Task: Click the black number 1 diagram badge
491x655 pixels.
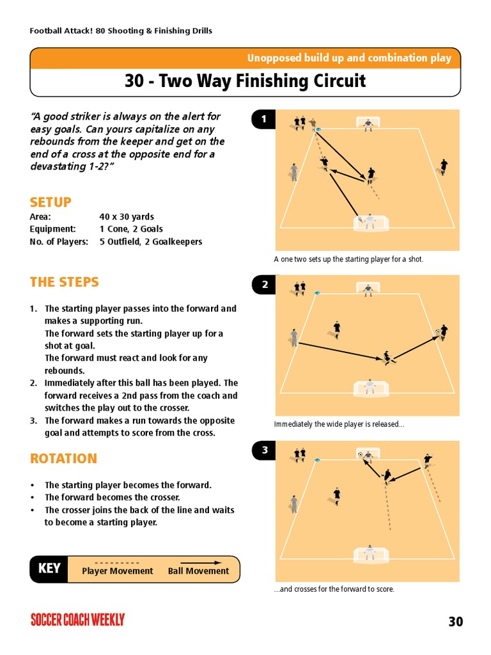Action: (263, 119)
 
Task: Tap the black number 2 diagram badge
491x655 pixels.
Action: (263, 285)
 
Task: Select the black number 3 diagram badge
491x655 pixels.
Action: (263, 451)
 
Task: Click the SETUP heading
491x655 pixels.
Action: (51, 202)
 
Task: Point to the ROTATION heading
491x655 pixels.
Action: (63, 459)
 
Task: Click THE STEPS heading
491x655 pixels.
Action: (64, 282)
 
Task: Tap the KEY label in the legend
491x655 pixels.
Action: (49, 569)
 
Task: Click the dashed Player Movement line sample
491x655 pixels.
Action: (117, 563)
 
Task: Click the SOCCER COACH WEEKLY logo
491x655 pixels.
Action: (77, 619)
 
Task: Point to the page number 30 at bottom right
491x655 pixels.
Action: (455, 621)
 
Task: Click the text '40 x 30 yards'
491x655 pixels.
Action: (127, 217)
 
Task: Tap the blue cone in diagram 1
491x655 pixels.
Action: (318, 130)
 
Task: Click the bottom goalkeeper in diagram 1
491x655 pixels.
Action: (369, 221)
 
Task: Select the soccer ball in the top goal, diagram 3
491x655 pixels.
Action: (361, 455)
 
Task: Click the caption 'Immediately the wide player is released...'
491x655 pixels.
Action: (339, 424)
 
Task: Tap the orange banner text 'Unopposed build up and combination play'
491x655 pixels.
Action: (349, 58)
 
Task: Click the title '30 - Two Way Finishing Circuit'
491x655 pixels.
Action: (245, 81)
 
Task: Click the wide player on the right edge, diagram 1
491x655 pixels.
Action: (443, 166)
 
